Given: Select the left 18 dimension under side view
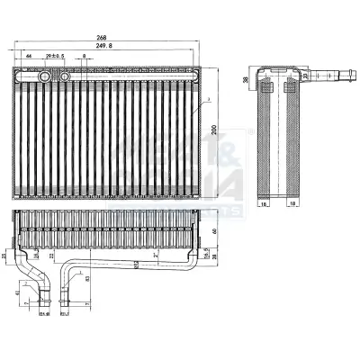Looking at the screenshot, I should (265, 204).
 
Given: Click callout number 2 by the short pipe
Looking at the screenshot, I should (27, 283).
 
